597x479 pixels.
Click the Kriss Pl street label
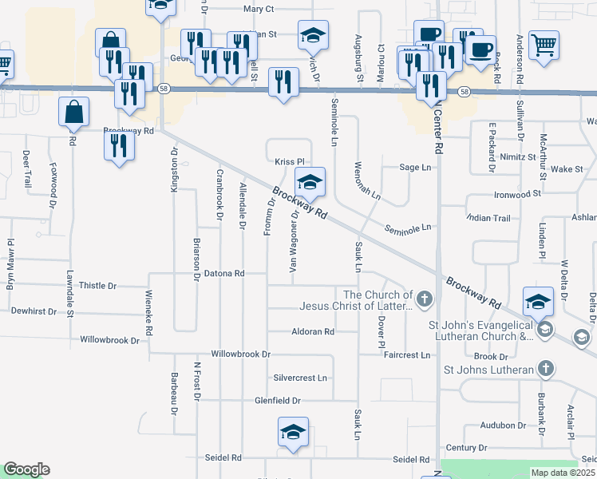pyautogui.click(x=291, y=161)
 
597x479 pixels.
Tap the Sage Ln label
pyautogui.click(x=415, y=168)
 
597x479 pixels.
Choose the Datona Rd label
pyautogui.click(x=224, y=273)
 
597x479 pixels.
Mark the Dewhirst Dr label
pyautogui.click(x=34, y=311)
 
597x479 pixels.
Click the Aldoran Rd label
pyautogui.click(x=313, y=331)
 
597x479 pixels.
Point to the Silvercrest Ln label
pyautogui.click(x=300, y=378)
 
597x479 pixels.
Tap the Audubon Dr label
pyautogui.click(x=503, y=426)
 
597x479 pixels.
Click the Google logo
pyautogui.click(x=26, y=469)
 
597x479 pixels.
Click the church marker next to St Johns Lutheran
pyautogui.click(x=545, y=369)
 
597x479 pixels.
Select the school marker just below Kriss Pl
pyautogui.click(x=310, y=182)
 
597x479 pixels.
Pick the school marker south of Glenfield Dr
pyautogui.click(x=293, y=432)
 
